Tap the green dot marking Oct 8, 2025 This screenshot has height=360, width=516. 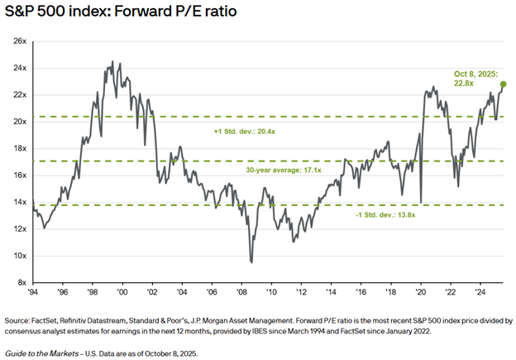[x=503, y=84]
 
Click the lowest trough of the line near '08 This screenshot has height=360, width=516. [x=251, y=262]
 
